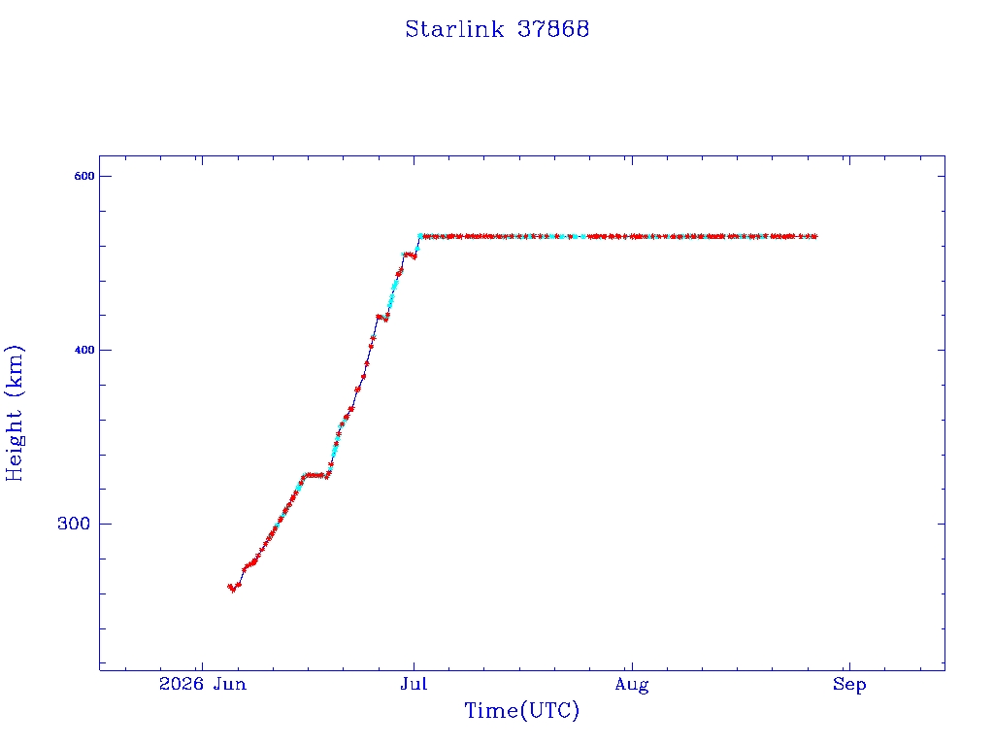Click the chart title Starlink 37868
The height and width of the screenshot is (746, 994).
[497, 29]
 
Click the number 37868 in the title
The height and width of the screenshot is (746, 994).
[553, 29]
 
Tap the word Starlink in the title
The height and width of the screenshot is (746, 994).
[454, 29]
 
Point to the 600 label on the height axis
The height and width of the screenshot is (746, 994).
[84, 177]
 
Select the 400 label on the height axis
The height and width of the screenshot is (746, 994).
[84, 350]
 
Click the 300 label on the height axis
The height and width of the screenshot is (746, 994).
[74, 524]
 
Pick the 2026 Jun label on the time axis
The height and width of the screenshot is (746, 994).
[202, 684]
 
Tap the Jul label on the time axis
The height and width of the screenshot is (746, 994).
[414, 684]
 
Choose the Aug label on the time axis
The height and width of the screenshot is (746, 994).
[632, 685]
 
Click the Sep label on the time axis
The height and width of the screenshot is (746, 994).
[849, 685]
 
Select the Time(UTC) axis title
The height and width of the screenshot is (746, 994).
[521, 710]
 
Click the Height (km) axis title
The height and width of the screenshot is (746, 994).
[14, 413]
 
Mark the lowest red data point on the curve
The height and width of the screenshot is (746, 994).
[233, 590]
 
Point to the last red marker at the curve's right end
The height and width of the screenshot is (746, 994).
[814, 237]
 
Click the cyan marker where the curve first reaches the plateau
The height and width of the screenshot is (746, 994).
[420, 236]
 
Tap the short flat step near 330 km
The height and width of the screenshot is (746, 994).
[315, 475]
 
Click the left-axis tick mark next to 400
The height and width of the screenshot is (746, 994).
[103, 350]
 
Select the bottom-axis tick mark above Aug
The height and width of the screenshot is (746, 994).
[632, 666]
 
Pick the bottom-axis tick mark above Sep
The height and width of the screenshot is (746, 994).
[849, 666]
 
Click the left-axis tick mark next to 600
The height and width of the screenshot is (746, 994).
[103, 177]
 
